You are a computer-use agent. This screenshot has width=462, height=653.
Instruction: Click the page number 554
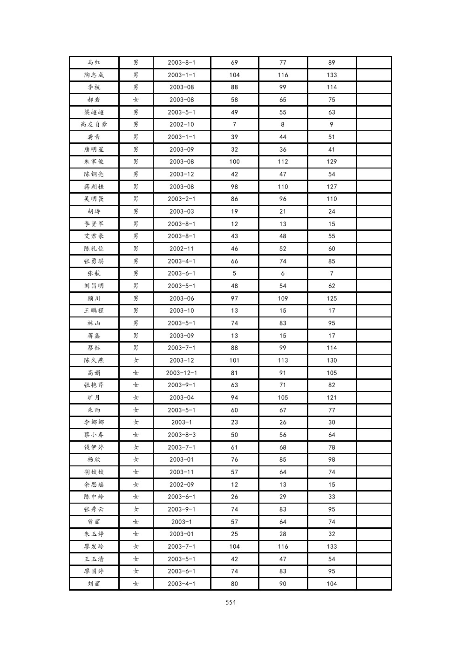[x=231, y=602]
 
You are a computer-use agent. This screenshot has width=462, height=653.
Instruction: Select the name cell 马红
[x=94, y=62]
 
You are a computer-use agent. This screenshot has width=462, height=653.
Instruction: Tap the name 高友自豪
[x=94, y=124]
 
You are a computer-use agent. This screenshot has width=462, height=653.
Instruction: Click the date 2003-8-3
[x=182, y=435]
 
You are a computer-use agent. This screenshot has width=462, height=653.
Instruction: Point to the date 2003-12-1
[x=182, y=373]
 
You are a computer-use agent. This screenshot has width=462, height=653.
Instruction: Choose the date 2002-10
[x=182, y=124]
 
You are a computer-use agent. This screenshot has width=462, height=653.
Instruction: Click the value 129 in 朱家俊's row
[x=332, y=162]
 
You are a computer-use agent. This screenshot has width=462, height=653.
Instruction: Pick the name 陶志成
[x=94, y=75]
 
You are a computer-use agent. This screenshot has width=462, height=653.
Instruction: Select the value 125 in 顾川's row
[x=332, y=298]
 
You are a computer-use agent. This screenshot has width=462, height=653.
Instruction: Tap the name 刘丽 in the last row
[x=94, y=584]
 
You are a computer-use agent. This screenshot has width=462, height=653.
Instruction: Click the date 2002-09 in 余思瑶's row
[x=182, y=485]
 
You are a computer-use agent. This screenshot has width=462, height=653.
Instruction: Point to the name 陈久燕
[x=94, y=360]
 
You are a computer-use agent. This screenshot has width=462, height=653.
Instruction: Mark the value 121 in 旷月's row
[x=332, y=397]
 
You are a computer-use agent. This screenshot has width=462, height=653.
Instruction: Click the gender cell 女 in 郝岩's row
[x=136, y=100]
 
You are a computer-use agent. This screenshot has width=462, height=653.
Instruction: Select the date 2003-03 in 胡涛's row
[x=182, y=211]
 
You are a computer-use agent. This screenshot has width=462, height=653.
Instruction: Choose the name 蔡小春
[x=94, y=435]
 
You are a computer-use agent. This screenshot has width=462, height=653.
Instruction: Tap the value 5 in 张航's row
[x=234, y=273]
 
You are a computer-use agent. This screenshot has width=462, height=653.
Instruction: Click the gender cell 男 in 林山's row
[x=136, y=323]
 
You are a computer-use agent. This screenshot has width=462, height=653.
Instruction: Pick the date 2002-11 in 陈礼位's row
[x=182, y=249]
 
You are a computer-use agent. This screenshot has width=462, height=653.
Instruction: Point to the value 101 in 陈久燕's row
[x=234, y=360]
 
